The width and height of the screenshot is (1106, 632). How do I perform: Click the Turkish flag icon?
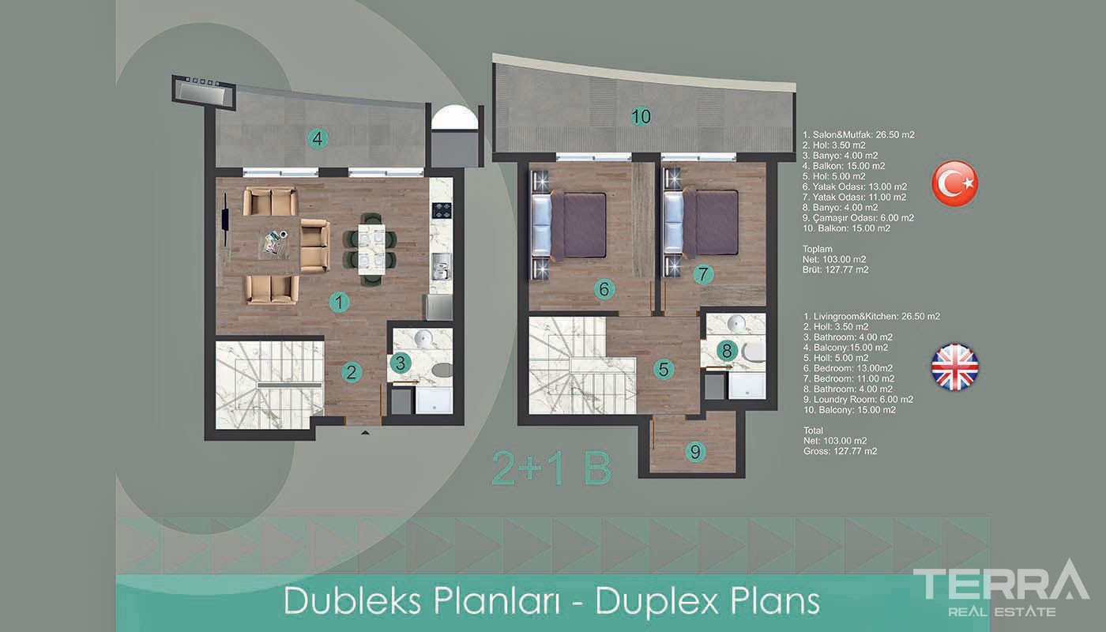point(954,183)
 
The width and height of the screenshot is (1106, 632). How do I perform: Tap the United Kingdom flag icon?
point(954,367)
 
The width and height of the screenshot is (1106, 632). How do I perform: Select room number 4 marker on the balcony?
point(318,139)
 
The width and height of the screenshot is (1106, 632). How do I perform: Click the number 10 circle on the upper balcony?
point(641,117)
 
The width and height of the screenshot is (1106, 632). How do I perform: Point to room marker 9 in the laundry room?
point(695,452)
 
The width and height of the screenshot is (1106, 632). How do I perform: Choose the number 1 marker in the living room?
point(339,302)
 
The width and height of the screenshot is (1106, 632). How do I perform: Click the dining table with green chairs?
point(371,250)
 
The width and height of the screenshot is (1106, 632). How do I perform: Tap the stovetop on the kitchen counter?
point(442,210)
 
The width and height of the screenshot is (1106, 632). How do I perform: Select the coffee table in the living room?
point(274,244)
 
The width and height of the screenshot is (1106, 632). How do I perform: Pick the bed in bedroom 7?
point(702,224)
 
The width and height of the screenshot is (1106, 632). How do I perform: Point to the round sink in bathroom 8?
point(736,324)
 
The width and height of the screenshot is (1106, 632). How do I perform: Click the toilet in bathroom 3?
point(442,370)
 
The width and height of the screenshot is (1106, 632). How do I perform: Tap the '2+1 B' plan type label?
point(552,468)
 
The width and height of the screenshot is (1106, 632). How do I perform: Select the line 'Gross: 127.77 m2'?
point(841,451)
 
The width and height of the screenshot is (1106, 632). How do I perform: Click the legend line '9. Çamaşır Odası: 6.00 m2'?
point(858,218)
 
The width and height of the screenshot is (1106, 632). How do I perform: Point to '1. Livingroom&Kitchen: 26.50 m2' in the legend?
point(871,316)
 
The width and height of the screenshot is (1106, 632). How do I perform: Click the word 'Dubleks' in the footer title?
point(353,601)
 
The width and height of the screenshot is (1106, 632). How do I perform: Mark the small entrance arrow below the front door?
point(365,433)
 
